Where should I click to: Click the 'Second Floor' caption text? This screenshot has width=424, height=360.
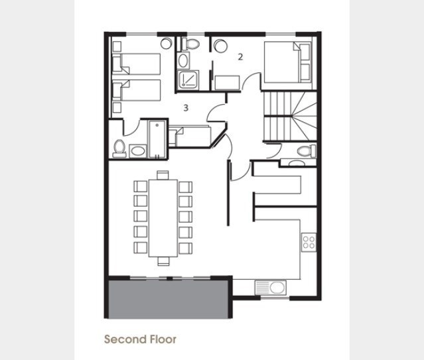point(140,339)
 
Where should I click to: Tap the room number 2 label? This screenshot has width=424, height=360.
point(240,57)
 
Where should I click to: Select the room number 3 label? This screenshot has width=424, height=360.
point(186,108)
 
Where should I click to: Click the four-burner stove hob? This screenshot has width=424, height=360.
point(309,242)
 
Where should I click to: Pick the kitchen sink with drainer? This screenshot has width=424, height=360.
point(271,287)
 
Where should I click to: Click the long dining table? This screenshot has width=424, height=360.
point(163,218)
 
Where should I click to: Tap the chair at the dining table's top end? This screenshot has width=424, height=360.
point(163,175)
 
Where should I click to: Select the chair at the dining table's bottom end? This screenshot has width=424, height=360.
point(163,261)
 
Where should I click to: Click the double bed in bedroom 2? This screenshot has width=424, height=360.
point(287,62)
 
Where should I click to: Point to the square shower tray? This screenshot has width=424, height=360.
point(188,79)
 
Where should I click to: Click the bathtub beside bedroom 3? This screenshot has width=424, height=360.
point(157,139)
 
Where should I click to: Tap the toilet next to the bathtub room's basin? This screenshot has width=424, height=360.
point(119,149)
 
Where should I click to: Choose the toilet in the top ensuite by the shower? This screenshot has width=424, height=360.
point(190,44)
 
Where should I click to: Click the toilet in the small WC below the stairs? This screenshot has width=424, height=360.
point(307,150)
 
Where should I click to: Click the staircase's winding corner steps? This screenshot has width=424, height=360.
point(305,116)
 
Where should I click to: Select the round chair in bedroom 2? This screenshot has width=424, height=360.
point(220,46)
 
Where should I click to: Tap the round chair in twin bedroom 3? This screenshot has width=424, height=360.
point(166,43)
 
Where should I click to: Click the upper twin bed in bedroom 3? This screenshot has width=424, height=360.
point(137,64)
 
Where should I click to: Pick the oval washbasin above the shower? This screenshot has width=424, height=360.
point(183,60)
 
